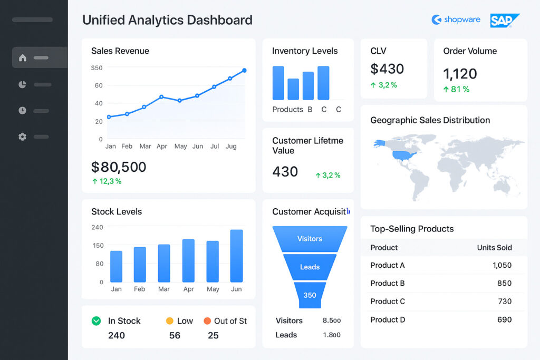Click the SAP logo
(x=504, y=20)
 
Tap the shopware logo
(x=456, y=20)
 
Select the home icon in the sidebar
(x=22, y=57)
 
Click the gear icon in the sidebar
(x=22, y=137)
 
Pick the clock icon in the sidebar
(x=22, y=111)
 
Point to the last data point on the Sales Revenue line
(x=244, y=71)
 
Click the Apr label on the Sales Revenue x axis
(x=162, y=146)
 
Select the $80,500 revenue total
(x=119, y=167)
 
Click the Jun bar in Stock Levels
(x=236, y=256)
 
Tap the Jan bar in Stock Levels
(x=116, y=266)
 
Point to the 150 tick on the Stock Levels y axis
(x=98, y=245)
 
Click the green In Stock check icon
(x=96, y=320)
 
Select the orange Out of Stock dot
(x=207, y=320)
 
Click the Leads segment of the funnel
(x=310, y=267)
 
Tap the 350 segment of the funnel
(x=310, y=295)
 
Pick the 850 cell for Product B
(x=504, y=283)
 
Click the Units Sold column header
(x=494, y=248)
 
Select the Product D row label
(x=388, y=319)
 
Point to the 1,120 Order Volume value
(x=460, y=73)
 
